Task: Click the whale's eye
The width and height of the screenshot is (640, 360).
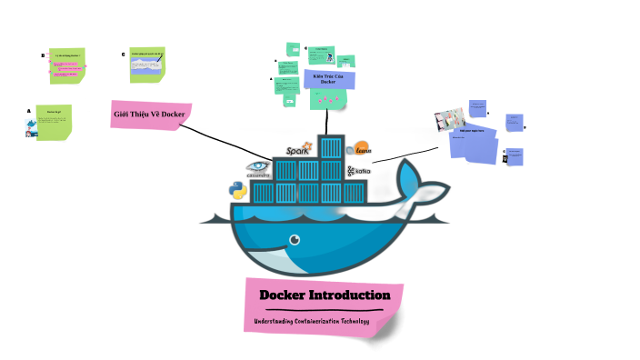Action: (x=294, y=240)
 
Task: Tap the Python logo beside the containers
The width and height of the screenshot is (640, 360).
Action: (x=237, y=190)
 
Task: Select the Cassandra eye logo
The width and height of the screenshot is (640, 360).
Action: (x=258, y=167)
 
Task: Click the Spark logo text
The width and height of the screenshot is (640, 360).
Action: (x=297, y=150)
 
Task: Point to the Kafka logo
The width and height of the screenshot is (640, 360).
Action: (x=358, y=170)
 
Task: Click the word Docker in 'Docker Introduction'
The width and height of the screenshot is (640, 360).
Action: (x=287, y=295)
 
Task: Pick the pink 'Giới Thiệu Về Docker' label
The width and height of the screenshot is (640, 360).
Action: (x=149, y=114)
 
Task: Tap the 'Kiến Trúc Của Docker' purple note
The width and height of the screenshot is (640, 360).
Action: (x=328, y=79)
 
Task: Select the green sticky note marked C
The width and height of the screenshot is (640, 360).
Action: (x=148, y=63)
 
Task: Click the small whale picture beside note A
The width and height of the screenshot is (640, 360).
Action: (x=32, y=128)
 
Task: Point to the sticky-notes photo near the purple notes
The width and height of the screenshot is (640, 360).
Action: (x=450, y=119)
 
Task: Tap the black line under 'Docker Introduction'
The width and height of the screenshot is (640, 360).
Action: (x=323, y=310)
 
